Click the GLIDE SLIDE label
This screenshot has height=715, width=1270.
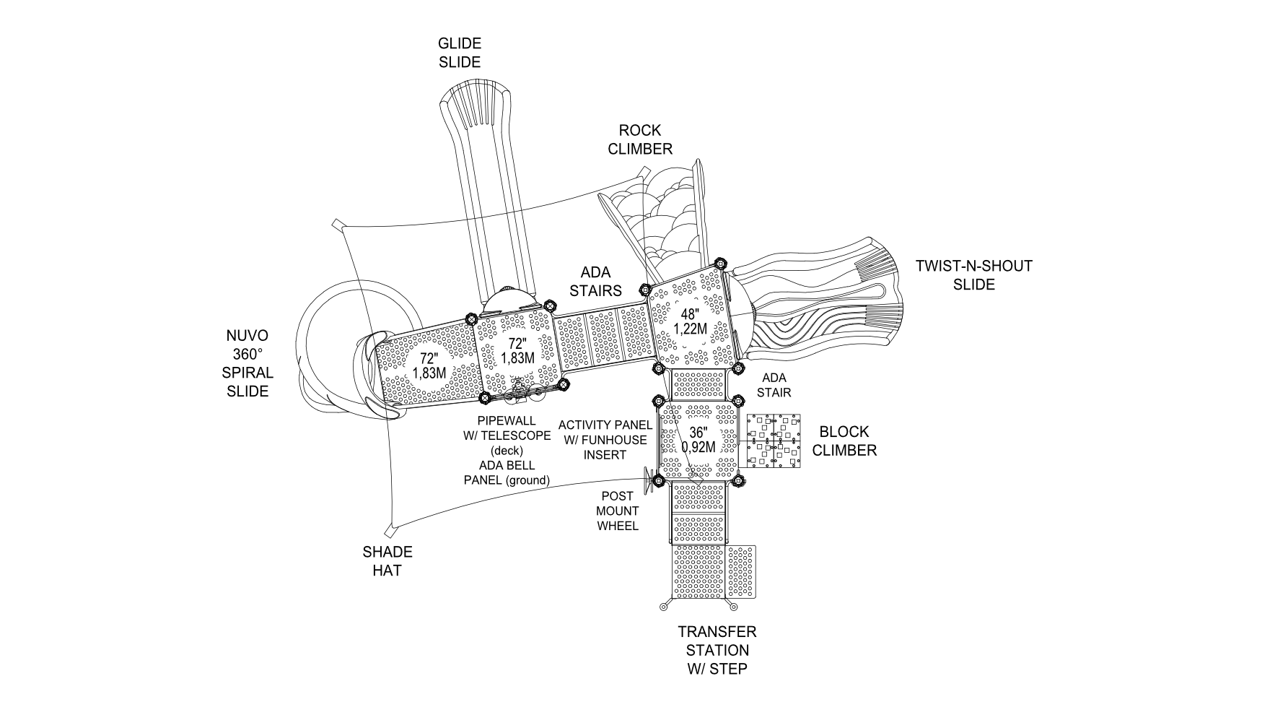(460, 53)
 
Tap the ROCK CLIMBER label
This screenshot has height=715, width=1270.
(640, 139)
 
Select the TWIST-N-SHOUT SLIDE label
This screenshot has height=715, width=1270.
(973, 275)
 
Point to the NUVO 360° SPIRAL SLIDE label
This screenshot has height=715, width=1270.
(248, 363)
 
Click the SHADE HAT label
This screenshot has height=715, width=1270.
(387, 561)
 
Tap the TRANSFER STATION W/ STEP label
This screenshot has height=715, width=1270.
(717, 650)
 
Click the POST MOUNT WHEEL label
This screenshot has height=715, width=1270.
(618, 511)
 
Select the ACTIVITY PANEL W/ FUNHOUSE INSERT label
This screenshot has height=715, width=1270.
(605, 440)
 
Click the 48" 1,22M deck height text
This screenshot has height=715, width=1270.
(691, 321)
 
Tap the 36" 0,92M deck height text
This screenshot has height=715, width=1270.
(698, 440)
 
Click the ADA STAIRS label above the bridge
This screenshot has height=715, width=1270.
(595, 282)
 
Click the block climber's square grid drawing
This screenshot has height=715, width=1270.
(773, 441)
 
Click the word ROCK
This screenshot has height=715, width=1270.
(640, 131)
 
